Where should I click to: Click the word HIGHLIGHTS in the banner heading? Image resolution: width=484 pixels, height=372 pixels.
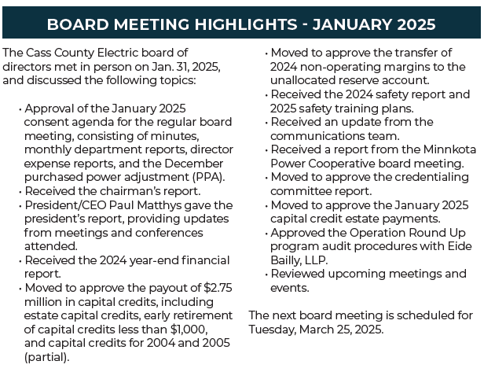246,24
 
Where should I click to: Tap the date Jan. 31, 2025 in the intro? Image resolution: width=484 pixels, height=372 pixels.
185,67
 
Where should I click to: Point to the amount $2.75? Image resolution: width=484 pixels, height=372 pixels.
218,288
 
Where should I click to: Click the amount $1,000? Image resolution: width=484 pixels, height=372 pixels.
189,330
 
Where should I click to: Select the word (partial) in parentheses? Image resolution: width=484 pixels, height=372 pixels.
46,357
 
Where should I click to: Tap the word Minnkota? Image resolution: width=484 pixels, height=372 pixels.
449,149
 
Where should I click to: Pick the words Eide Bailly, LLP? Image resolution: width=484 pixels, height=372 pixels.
371,253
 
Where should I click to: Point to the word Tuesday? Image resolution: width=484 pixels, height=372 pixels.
272,330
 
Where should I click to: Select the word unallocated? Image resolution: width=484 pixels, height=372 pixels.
302,80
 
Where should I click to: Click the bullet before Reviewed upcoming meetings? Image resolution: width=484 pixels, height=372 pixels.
266,274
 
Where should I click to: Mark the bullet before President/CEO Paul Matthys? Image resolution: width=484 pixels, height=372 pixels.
20,206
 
